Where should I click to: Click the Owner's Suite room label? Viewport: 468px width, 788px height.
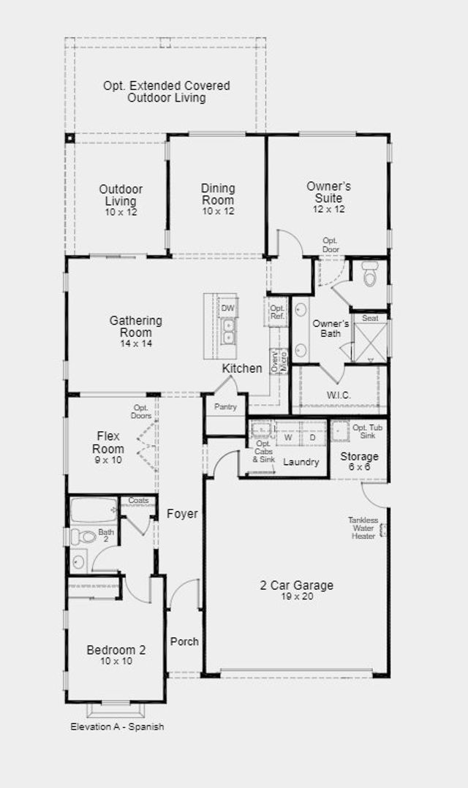coord(329,192)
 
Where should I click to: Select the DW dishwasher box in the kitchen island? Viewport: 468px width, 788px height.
coord(227,308)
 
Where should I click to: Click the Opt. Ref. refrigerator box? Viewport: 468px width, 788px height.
coord(277,312)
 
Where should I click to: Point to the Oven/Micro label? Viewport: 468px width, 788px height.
coord(279,361)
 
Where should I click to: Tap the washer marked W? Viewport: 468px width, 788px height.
coord(288,437)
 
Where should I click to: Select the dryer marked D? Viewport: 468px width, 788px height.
coord(313,437)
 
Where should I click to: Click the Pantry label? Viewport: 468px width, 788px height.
coord(225,406)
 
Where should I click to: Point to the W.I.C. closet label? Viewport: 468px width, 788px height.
coord(339,395)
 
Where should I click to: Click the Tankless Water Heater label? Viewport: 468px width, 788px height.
coord(363,529)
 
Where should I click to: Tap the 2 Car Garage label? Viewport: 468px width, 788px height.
coord(297,586)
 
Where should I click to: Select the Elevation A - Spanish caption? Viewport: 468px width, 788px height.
coord(117,727)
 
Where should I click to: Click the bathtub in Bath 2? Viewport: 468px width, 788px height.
coord(94,510)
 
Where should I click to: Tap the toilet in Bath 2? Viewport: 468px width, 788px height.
coord(83,537)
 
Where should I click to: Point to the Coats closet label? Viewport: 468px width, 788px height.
coord(138,501)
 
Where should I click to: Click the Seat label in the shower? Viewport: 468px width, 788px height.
coord(371,318)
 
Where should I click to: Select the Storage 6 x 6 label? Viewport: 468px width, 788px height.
coord(360,461)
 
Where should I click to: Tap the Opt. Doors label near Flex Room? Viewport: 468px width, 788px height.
coord(141,412)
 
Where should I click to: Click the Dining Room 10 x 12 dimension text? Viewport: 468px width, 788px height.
coord(218,211)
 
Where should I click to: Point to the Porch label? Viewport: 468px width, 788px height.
coord(184,642)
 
